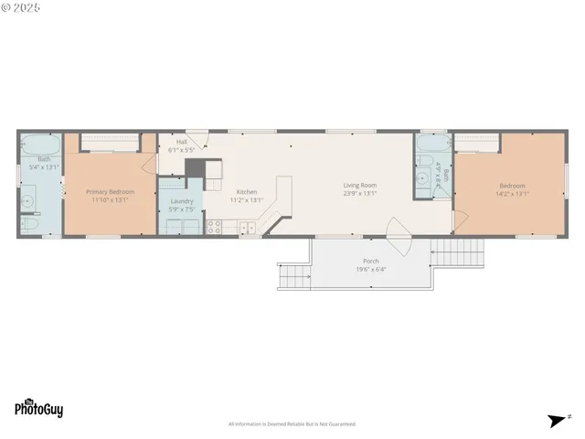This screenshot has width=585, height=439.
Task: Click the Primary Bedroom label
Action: click(110, 192)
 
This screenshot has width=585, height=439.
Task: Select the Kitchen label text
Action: click(246, 192)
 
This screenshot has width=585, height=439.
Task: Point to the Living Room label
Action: click(360, 185)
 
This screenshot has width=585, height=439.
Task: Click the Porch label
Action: click(371, 261)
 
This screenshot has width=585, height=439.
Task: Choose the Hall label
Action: click(181, 143)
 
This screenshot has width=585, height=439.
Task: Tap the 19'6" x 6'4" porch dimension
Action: click(370, 269)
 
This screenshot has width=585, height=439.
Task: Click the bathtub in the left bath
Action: click(41, 145)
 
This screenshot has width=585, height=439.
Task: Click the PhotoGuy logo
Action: click(38, 409)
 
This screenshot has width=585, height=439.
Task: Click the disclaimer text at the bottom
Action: click(292, 423)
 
